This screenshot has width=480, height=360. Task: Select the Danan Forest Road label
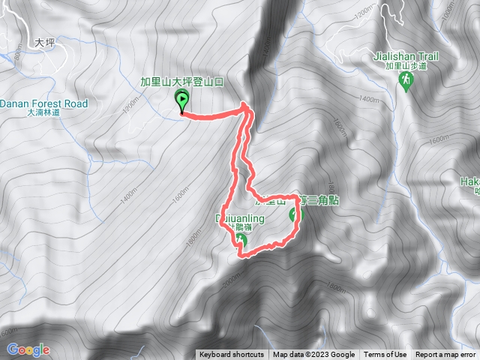(x=44, y=103)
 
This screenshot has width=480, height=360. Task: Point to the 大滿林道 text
(x=43, y=113)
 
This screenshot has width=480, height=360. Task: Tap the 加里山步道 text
(x=406, y=66)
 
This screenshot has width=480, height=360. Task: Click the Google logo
(x=28, y=349)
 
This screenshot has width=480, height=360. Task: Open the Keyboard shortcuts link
(x=232, y=355)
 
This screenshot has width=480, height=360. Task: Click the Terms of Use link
(x=385, y=355)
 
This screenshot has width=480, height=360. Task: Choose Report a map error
(x=445, y=355)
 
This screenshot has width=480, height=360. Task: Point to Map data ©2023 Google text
(x=313, y=355)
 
